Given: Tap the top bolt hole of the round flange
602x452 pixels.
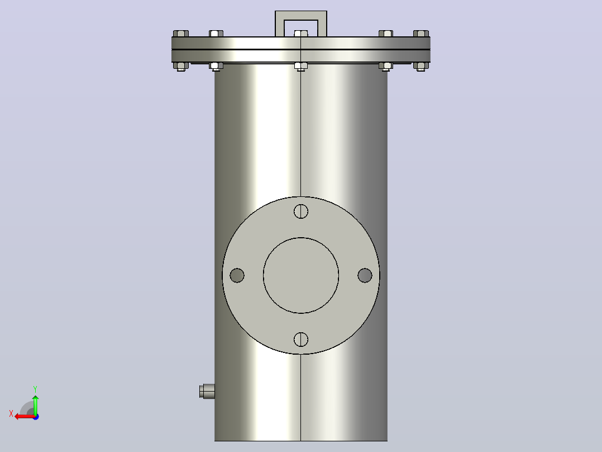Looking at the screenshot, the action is click(301, 211).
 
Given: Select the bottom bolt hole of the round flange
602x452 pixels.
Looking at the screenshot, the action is click(301, 340).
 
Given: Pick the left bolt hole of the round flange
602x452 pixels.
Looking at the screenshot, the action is click(237, 275).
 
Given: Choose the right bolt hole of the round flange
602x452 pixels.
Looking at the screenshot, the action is click(365, 275).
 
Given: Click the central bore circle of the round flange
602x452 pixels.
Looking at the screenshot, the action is click(301, 238).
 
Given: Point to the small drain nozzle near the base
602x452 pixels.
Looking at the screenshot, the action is click(207, 392).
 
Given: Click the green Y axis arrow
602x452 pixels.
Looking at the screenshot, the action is click(35, 404).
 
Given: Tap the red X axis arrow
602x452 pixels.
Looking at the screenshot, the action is click(25, 417).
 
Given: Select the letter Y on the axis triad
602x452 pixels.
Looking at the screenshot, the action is click(35, 389).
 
